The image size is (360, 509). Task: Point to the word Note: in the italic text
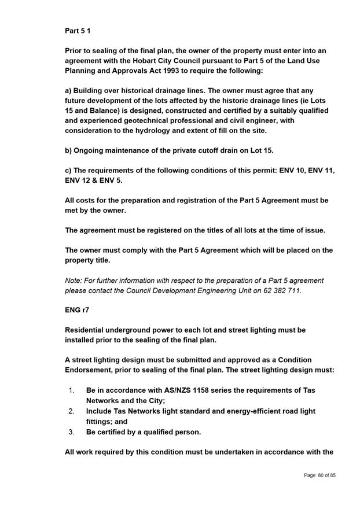tap(74, 280)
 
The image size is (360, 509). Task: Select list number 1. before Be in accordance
tap(71, 390)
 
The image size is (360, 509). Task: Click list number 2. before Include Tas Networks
tap(71, 411)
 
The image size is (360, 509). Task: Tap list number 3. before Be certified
tap(71, 432)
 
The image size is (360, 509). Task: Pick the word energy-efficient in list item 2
tap(248, 411)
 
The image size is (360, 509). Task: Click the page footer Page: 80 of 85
tap(319, 475)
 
